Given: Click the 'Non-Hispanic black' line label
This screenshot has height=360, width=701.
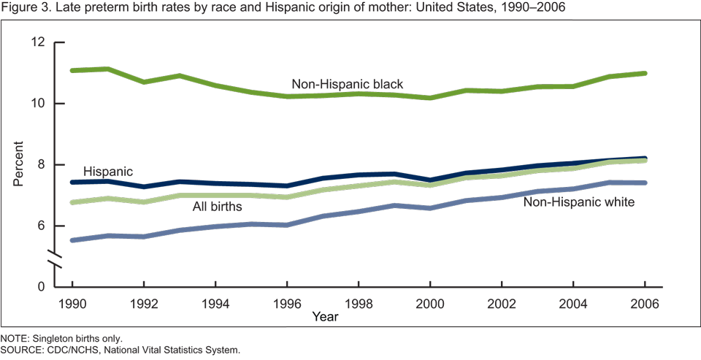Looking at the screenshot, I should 347,84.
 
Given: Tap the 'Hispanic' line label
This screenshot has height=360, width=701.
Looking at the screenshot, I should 108,171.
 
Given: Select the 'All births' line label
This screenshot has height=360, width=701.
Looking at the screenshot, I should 217,207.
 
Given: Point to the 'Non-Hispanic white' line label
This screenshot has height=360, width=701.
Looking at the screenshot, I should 579,202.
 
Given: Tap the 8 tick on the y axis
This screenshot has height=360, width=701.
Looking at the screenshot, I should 42,165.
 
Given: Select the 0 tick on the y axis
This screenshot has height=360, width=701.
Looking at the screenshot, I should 42,287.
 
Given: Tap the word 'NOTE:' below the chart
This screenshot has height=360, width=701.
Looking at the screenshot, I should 15,339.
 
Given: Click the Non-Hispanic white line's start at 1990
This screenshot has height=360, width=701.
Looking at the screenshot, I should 72,240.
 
